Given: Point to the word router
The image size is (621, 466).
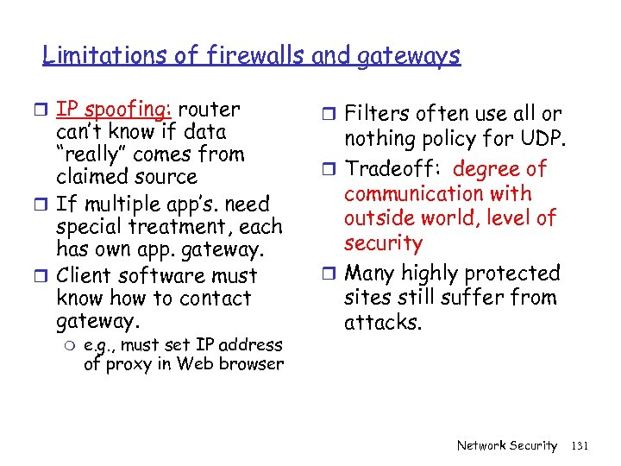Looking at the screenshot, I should [x=210, y=110].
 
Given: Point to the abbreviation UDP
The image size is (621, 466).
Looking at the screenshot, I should [x=540, y=138].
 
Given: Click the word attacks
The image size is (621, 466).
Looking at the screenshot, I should [x=384, y=323].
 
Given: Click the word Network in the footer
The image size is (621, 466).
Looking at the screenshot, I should [x=480, y=445].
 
